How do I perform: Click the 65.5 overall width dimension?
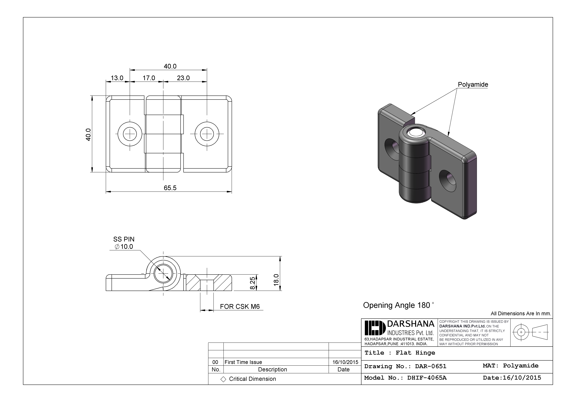[x=170, y=188]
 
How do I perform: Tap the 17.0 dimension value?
[x=149, y=78]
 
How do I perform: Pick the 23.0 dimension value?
[x=183, y=78]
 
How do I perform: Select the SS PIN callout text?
[x=124, y=239]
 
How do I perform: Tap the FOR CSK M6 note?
[x=240, y=307]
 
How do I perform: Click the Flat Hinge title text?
[x=415, y=353]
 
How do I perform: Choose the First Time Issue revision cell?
[x=243, y=362]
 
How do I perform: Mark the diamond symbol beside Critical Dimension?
[x=223, y=379]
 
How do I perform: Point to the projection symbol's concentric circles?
[x=521, y=332]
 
